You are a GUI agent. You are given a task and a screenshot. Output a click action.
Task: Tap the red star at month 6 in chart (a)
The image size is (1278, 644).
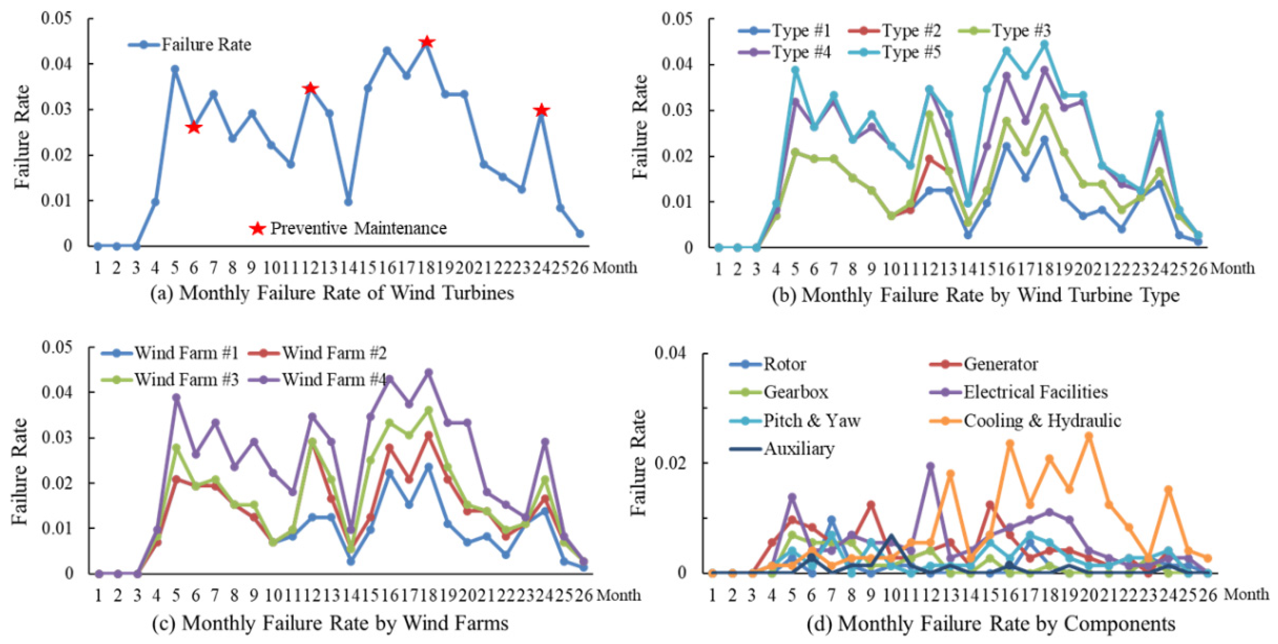click(193, 127)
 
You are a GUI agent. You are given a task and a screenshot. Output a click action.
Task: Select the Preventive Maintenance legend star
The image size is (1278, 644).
click(257, 229)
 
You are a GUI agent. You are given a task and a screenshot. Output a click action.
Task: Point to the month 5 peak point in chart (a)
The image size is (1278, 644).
click(175, 69)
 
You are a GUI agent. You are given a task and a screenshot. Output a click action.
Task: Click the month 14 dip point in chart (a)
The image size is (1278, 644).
click(348, 202)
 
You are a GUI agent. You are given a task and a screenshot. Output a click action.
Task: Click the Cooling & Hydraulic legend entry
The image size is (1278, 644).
click(1024, 421)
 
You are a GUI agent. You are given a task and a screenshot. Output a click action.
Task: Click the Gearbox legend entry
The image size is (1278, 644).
click(779, 392)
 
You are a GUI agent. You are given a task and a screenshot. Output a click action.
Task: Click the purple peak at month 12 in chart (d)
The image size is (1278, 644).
click(930, 466)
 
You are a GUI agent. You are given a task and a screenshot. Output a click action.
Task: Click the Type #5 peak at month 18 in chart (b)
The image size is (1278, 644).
click(1044, 44)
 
